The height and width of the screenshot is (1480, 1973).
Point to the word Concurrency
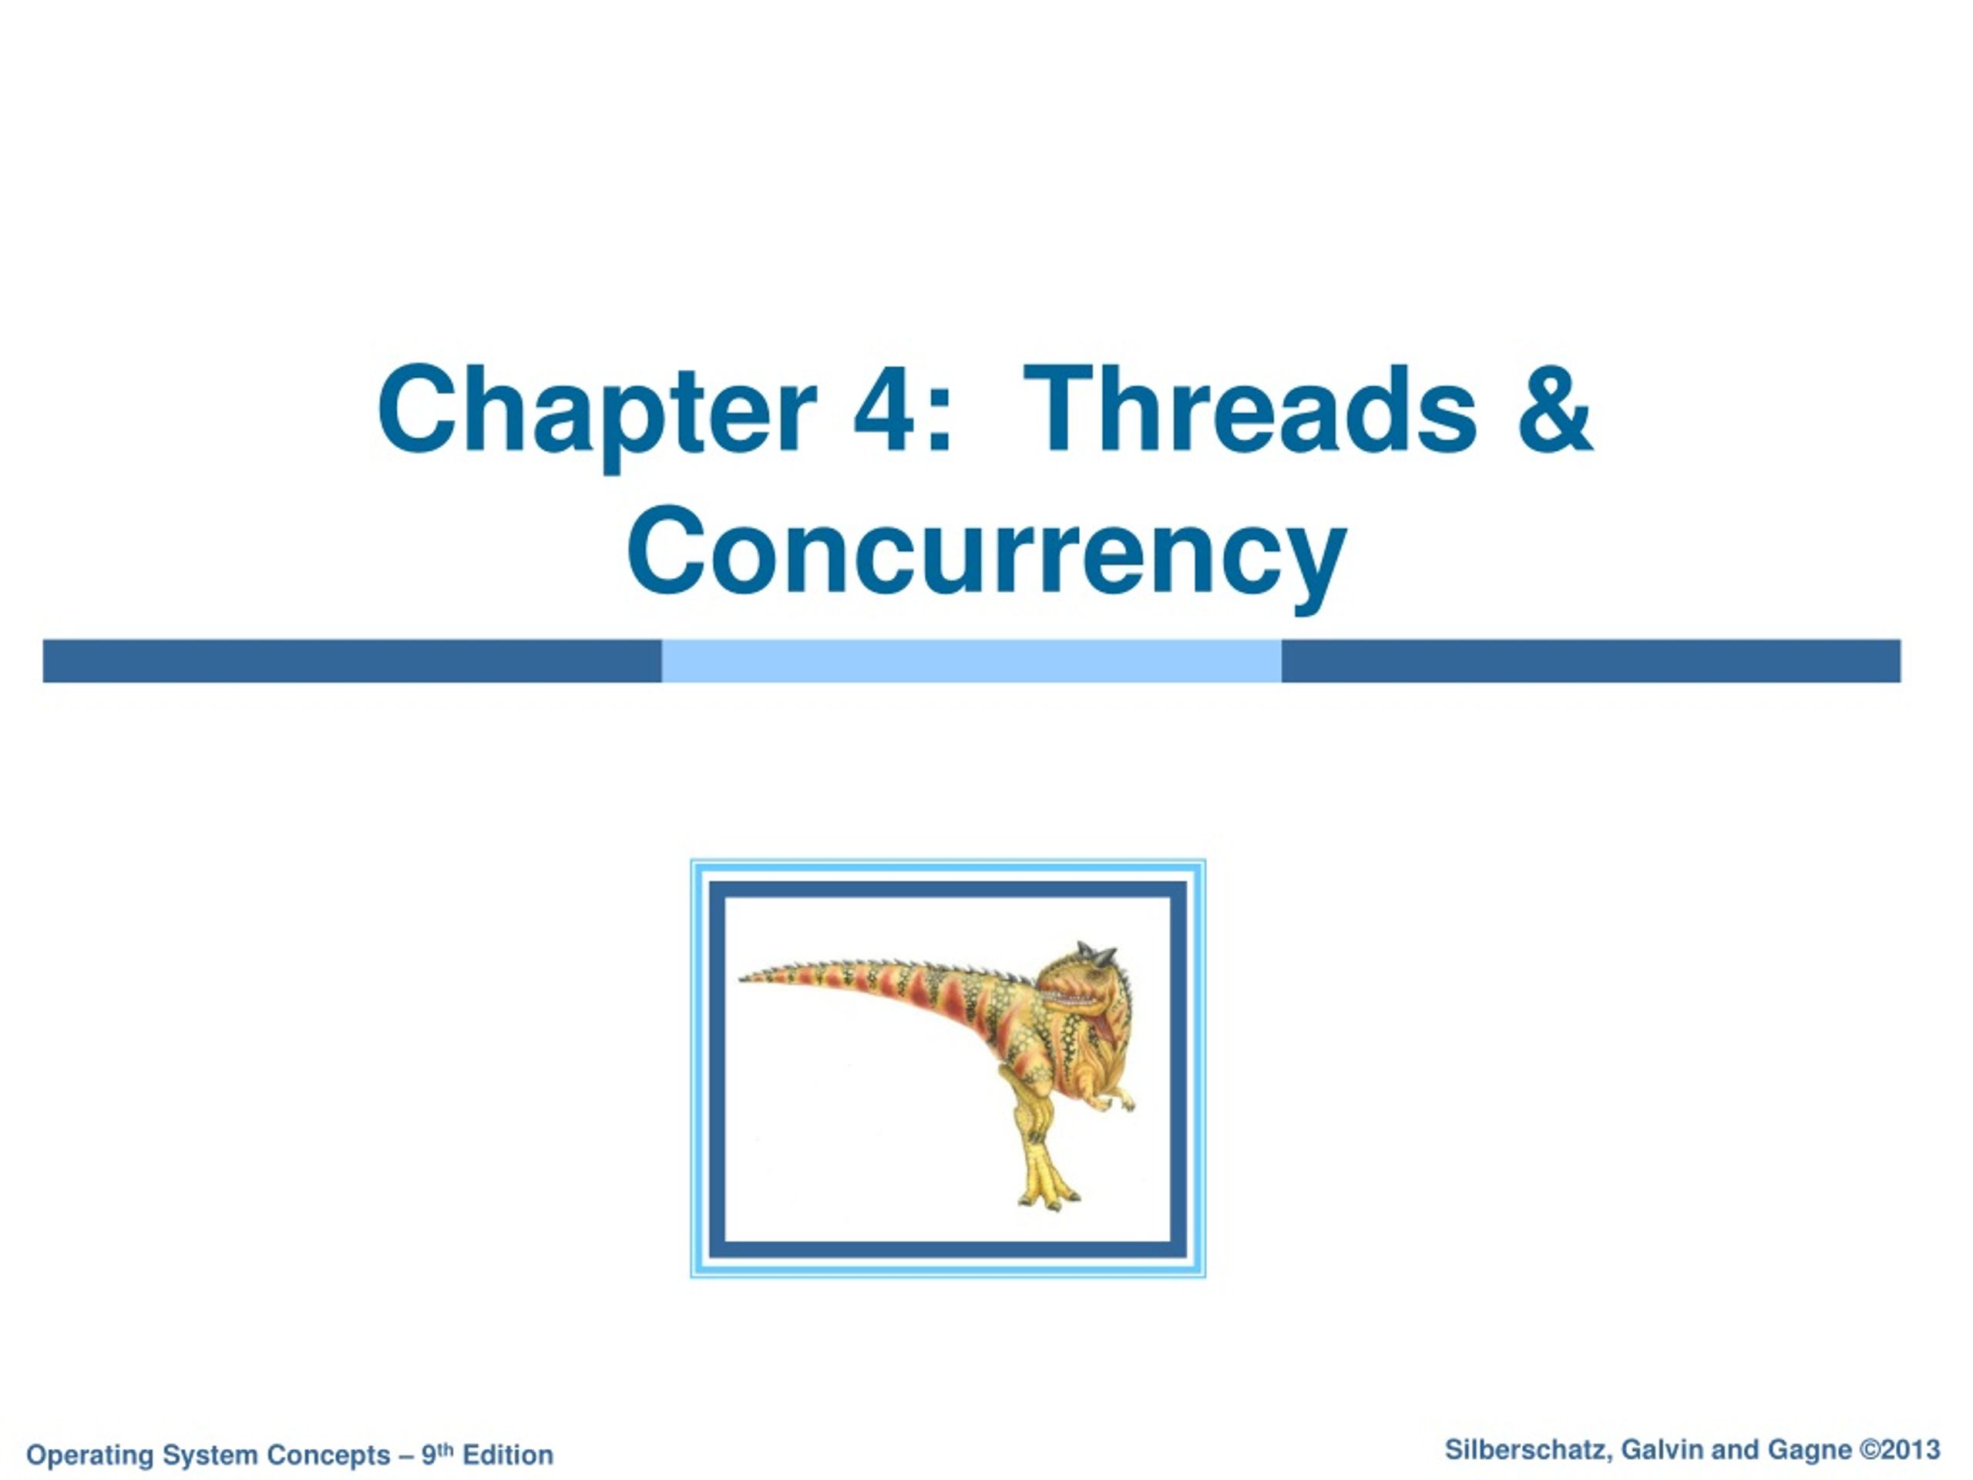986,554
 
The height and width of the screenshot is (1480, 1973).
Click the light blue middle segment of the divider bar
971,661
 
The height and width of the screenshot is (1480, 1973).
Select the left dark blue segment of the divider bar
352,661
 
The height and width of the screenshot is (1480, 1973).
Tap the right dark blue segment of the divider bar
1592,661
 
